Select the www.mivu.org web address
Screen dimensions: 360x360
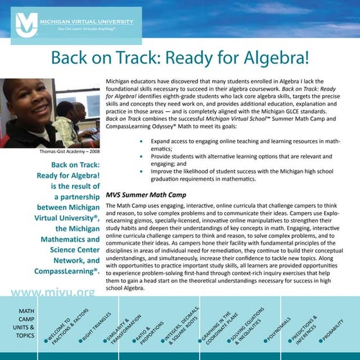[53, 292]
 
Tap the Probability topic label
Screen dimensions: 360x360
[334, 328]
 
